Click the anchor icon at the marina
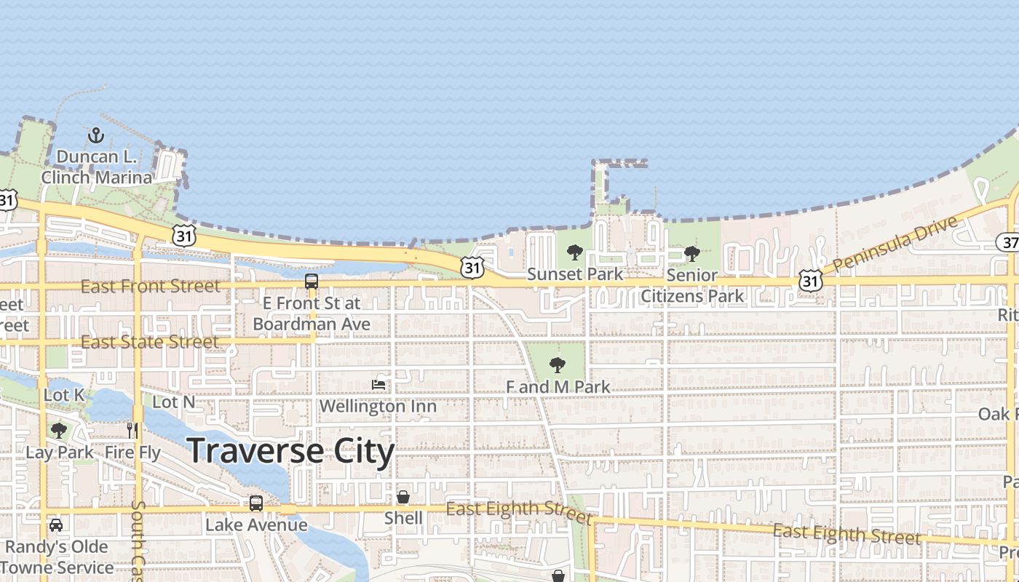coord(95,135)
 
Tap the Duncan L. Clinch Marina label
coord(97,167)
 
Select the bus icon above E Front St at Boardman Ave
coord(312,281)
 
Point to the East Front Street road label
coord(150,287)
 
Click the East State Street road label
coord(149,342)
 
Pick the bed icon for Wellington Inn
coord(378,384)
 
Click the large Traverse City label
coord(291,451)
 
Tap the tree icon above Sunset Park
coord(575,253)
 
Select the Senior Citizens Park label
coord(692,286)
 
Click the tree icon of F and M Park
coord(558,364)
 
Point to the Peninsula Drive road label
coord(895,244)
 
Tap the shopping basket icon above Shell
coord(403,498)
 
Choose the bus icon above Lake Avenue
coord(256,503)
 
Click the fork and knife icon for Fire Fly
coord(132,431)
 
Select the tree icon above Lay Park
coord(59,431)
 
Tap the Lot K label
coord(64,396)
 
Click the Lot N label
coord(174,402)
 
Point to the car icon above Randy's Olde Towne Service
coord(55,525)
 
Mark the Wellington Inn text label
coord(378,406)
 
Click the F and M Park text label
coord(558,387)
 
